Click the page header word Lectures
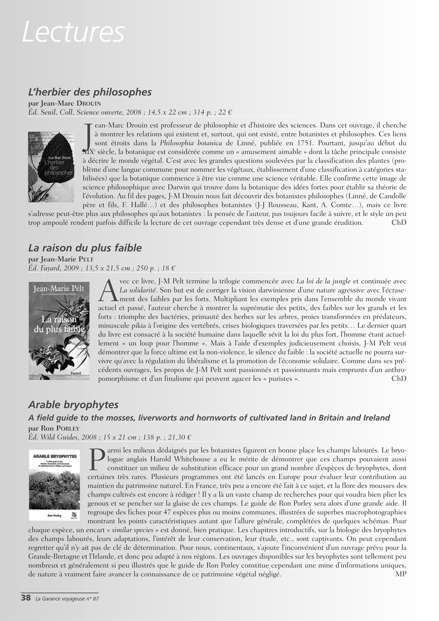pos(73,32)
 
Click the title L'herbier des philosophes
pos(90,92)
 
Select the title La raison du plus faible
pos(85,247)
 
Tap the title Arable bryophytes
pos(73,405)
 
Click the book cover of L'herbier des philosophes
pos(51,167)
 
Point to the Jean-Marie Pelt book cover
pos(59,331)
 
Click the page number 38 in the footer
pos(26,598)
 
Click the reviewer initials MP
pos(400,574)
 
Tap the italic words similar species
pos(132,530)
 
